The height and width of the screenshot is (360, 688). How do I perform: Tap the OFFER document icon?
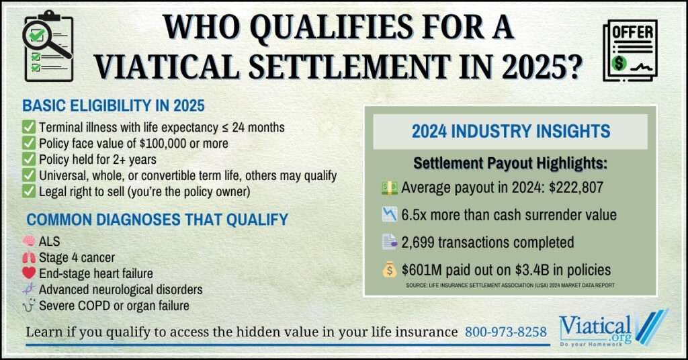click(630, 50)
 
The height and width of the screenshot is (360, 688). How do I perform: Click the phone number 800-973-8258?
click(506, 332)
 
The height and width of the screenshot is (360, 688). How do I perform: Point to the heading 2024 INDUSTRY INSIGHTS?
click(511, 131)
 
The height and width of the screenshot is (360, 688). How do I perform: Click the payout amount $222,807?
click(576, 187)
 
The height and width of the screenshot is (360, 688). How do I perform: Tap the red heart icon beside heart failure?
click(29, 273)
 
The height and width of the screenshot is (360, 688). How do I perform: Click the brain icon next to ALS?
click(29, 240)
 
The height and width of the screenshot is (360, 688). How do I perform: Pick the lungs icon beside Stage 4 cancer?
click(29, 257)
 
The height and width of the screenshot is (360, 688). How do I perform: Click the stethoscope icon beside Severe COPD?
click(29, 305)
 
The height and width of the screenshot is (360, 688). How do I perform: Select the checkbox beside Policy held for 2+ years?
click(29, 159)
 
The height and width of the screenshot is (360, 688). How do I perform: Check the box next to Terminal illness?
click(29, 127)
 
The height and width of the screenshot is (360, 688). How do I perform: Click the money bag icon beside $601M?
click(389, 270)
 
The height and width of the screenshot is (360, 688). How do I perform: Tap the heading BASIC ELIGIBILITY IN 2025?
click(114, 105)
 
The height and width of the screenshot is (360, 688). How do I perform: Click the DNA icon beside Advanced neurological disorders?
click(29, 289)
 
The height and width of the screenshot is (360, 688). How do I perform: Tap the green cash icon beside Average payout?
click(389, 187)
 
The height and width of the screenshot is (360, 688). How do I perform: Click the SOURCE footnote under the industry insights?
click(511, 285)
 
